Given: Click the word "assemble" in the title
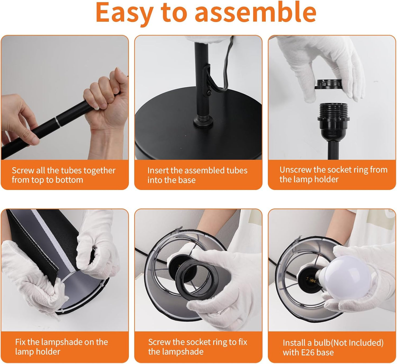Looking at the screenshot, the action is [x=255, y=13].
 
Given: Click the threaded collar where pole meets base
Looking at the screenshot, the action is [x=203, y=120].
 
